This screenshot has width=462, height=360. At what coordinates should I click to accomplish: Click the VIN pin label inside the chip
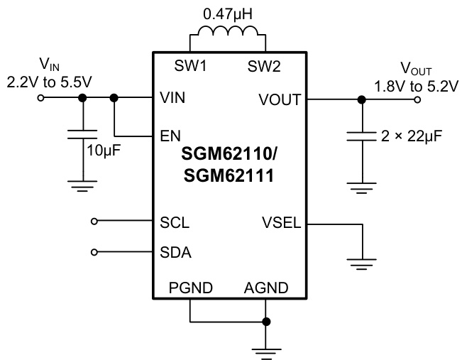point(173,99)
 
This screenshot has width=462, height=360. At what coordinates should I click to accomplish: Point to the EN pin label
point(169,136)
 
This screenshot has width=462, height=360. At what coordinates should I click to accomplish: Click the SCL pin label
point(173,222)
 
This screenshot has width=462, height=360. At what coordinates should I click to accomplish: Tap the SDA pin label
point(174,252)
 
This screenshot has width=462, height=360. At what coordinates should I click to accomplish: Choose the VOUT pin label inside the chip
point(282,99)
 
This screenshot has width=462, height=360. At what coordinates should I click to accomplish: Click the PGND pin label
point(190,289)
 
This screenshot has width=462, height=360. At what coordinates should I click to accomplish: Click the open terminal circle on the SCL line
point(95,222)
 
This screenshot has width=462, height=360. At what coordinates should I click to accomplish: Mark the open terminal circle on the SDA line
point(95,252)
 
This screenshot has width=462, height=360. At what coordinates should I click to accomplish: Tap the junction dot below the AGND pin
point(265,322)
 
